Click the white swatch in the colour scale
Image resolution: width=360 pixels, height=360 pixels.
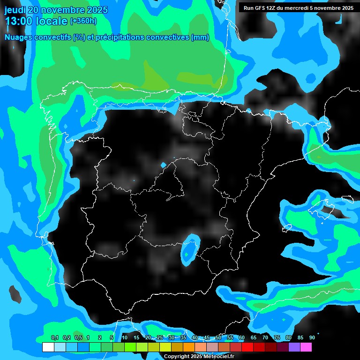point(48,347)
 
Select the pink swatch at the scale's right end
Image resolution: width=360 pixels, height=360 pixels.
point(306,347)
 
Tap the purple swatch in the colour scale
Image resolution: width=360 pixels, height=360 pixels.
point(294,347)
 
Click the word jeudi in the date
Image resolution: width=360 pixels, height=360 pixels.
point(15,10)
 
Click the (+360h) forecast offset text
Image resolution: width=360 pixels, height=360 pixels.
point(83,21)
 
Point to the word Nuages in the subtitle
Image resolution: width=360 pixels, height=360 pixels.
point(19,37)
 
